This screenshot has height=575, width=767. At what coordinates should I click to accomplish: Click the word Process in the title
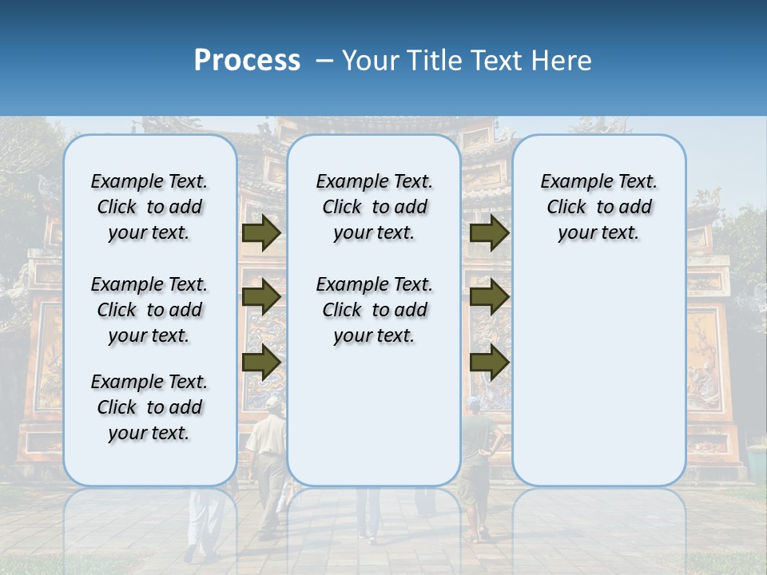pos(247,61)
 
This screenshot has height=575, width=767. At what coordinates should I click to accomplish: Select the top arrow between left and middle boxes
pos(261,232)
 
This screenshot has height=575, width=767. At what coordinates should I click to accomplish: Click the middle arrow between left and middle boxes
pos(261,297)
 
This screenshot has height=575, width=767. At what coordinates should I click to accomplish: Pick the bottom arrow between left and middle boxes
pos(261,362)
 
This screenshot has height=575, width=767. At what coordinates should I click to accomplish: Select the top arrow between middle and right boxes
pos(490,232)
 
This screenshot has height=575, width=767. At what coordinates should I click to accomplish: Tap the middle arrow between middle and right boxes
pos(490,297)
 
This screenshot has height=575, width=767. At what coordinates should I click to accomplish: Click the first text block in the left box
pos(149,207)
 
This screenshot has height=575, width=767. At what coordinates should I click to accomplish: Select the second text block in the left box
pos(149,310)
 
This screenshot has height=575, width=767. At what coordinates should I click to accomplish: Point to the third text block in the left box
pos(149,407)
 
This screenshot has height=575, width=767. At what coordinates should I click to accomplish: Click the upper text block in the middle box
pos(374,207)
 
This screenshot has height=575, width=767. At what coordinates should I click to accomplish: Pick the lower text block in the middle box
pos(374,310)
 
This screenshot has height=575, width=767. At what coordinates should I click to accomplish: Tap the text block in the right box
pos(598,207)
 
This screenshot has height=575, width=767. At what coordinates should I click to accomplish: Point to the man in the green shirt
pos(478,447)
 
